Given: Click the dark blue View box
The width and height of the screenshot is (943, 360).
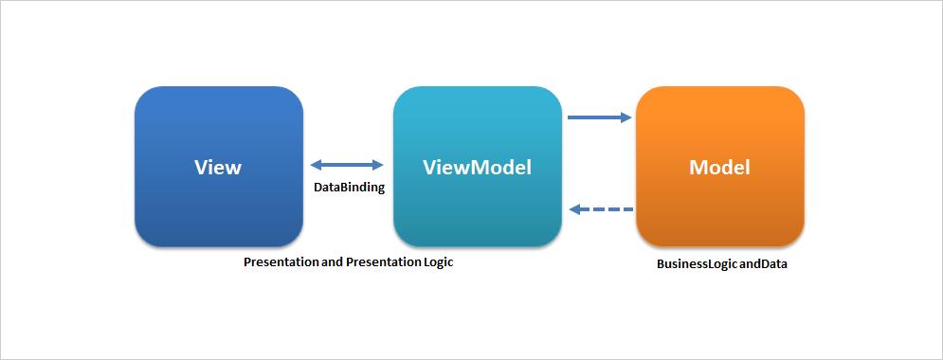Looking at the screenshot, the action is point(219,167).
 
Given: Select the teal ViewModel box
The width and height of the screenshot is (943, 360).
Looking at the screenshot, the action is point(478,167).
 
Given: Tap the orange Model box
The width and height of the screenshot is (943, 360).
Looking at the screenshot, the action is point(720,167).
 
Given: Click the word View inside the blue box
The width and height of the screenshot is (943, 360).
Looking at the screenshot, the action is point(218,167).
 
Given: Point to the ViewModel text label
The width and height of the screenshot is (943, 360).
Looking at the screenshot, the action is point(477,167).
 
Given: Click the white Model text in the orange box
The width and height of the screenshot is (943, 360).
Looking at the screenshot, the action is point(719,167).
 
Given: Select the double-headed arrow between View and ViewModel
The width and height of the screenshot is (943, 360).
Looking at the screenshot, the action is point(347,165).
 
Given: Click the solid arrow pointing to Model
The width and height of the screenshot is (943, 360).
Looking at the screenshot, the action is point(600,117).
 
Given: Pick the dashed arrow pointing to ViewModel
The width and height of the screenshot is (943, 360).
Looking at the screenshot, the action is point(601,209).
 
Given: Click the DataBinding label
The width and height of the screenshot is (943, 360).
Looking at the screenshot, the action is point(349,188).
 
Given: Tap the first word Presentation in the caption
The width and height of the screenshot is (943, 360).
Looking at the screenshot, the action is point(278,262).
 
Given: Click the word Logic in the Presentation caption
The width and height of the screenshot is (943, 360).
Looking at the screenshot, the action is point(437,263).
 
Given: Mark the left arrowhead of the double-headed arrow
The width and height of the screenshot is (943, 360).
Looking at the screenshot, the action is point(317,165).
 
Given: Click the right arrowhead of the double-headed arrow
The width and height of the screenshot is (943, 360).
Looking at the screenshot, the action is point(378,165).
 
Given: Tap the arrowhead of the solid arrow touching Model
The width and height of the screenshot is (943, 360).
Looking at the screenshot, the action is point(626,117).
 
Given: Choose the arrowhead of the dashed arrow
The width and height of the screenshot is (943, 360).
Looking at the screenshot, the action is point(575,209).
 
